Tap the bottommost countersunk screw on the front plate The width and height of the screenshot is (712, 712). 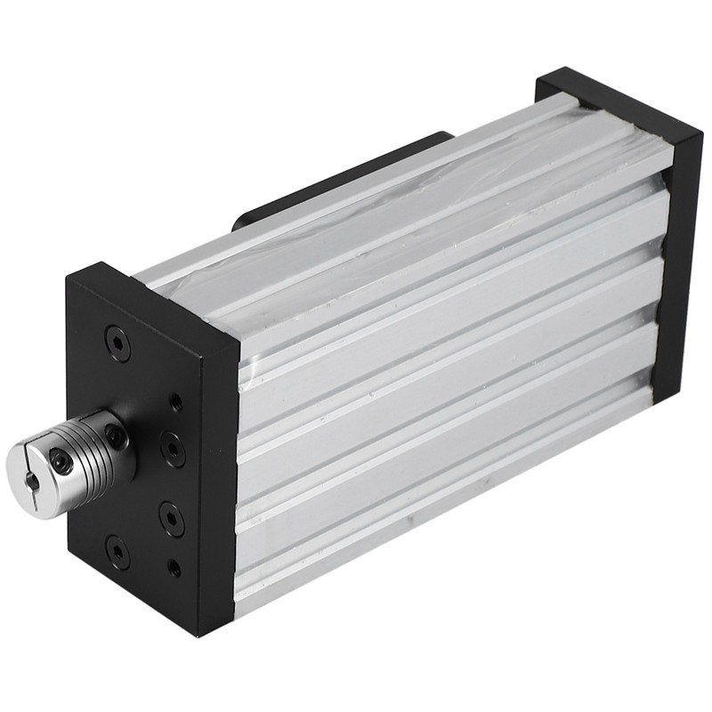pos(117,552)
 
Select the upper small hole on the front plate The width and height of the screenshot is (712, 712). pos(176,402)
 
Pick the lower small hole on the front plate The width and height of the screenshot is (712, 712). pos(174,567)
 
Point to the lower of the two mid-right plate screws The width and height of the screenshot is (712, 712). pos(171,518)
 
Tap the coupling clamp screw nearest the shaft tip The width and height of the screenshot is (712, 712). pos(60,460)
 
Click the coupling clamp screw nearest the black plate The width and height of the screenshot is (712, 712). pos(115,435)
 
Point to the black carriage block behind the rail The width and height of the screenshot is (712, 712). pos(347,174)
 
